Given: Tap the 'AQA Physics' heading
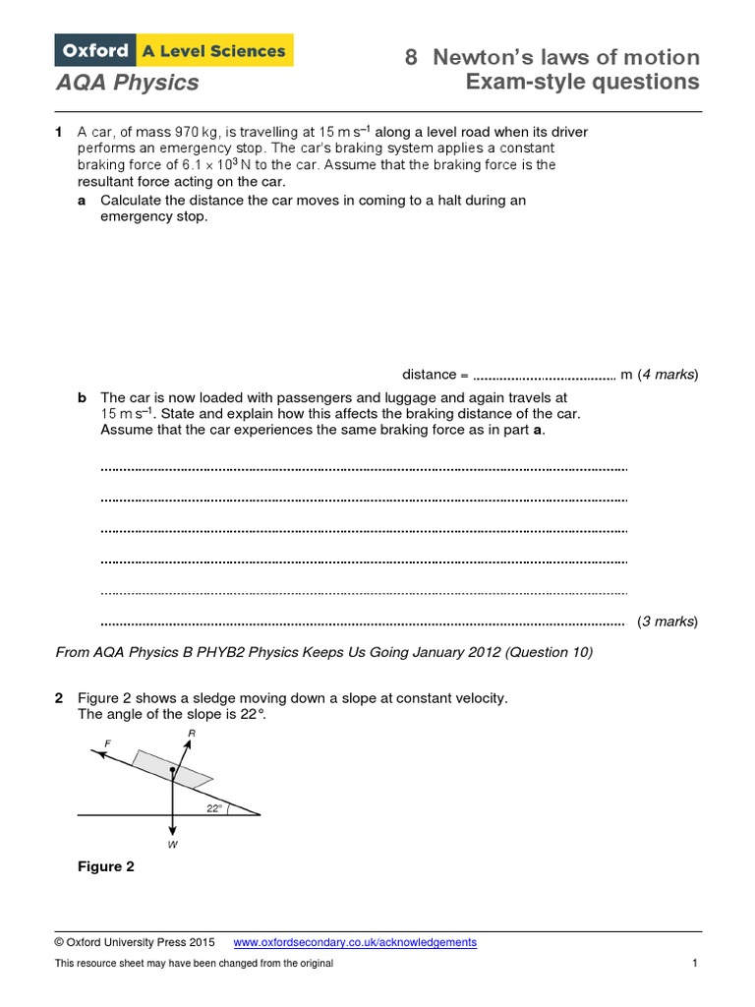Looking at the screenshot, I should (x=126, y=83).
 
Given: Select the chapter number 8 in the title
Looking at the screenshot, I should (x=412, y=57).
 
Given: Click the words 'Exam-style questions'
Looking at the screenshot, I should (x=582, y=82).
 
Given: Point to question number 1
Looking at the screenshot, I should (x=59, y=132).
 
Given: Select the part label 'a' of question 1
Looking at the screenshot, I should (x=82, y=201).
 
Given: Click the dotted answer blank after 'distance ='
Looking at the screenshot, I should (x=544, y=375).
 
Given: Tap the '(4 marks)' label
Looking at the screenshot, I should (x=668, y=375).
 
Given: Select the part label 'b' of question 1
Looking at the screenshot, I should (x=82, y=398).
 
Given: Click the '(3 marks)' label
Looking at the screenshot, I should (x=668, y=622).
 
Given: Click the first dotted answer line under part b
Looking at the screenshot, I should (x=364, y=469).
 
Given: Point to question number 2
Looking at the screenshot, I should (x=59, y=698).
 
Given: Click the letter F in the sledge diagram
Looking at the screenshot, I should (x=95, y=744).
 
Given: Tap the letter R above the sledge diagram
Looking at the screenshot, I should (x=191, y=734).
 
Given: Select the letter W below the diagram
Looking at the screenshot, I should (x=172, y=844).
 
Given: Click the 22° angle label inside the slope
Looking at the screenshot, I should (x=214, y=807).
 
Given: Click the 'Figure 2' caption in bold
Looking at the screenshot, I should (x=106, y=866).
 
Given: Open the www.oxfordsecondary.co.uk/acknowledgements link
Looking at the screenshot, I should (x=355, y=942).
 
